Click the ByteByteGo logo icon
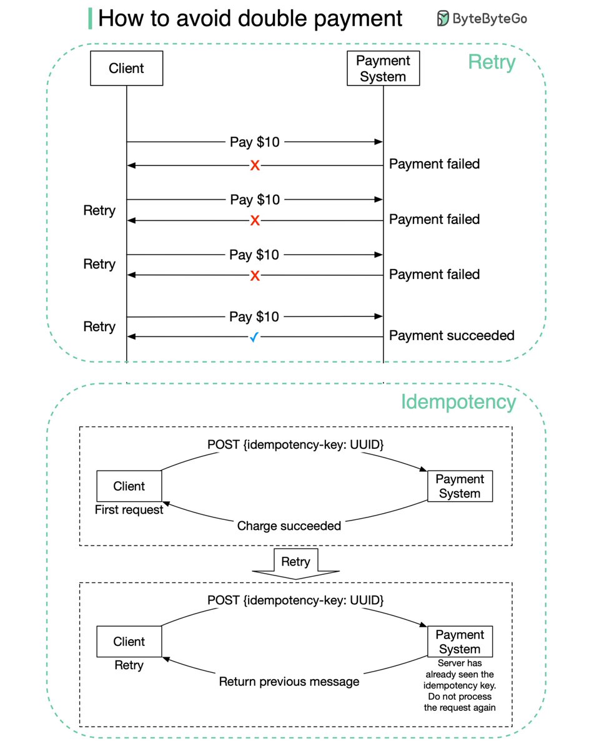point(443,19)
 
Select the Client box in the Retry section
point(126,68)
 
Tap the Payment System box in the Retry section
point(383,68)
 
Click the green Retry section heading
point(492,62)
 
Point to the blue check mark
point(254,337)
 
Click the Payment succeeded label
point(452,336)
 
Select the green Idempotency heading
point(458,402)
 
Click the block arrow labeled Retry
point(295,562)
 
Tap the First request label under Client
point(129,510)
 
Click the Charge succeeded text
point(289,526)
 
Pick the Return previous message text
point(289,682)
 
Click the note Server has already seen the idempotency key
point(460,685)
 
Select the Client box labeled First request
point(129,486)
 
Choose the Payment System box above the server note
point(460,642)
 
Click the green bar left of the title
point(91,19)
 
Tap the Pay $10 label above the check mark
point(254,317)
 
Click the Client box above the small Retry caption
point(129,642)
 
